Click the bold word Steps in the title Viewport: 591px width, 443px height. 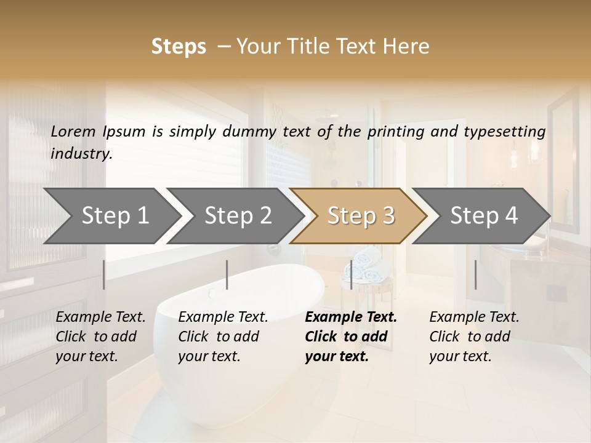click(179, 47)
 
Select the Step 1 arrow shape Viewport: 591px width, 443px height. click(111, 216)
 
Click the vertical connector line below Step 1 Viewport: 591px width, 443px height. click(103, 274)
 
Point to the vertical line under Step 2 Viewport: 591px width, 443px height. click(227, 274)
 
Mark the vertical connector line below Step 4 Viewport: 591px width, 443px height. click(475, 274)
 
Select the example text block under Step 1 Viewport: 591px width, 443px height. click(100, 337)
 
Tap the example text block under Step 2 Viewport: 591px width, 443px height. click(223, 337)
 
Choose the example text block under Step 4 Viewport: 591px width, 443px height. click(474, 337)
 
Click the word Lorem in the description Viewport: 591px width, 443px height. click(73, 131)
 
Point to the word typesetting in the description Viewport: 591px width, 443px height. click(510, 132)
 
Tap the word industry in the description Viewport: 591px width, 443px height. click(81, 154)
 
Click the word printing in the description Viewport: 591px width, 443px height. click(395, 132)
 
